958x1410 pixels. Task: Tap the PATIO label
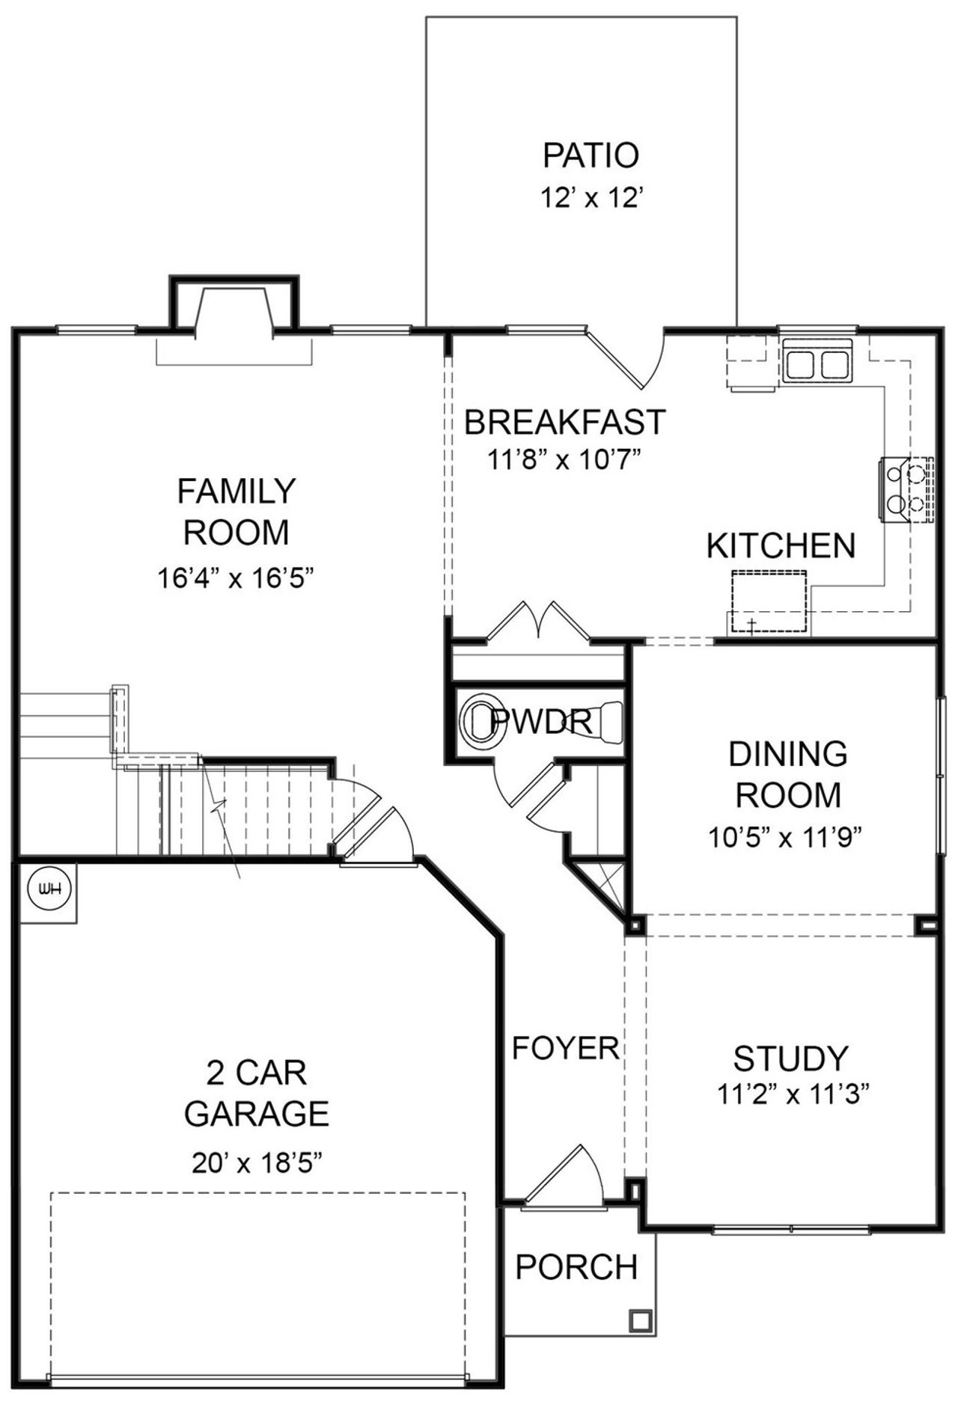(x=591, y=156)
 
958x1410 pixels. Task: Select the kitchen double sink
(x=816, y=364)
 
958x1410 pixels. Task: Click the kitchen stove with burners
(x=907, y=488)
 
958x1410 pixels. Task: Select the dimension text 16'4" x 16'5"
(x=235, y=577)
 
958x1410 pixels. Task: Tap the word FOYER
(x=565, y=1048)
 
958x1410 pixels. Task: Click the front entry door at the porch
(x=563, y=1177)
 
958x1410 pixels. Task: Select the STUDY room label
(x=790, y=1058)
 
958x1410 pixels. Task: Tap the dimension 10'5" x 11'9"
(x=786, y=837)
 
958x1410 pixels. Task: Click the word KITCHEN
(x=781, y=546)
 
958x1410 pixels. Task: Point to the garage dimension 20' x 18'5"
(x=256, y=1163)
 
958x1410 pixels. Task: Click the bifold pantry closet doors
(x=539, y=623)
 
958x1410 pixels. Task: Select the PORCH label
(x=576, y=1267)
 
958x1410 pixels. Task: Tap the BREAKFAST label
(x=564, y=422)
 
